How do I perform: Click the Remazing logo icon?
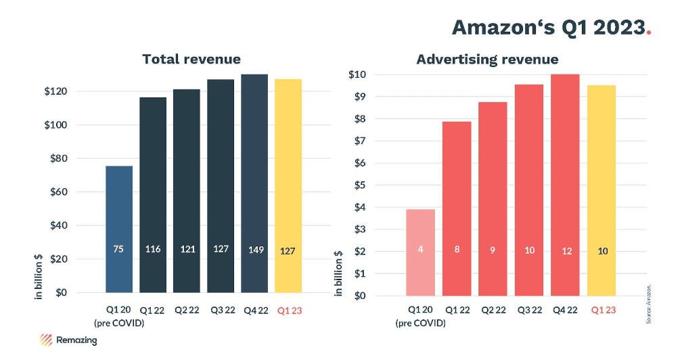click(x=47, y=340)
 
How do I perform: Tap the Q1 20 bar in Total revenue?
click(x=119, y=230)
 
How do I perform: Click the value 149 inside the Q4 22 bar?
click(x=254, y=250)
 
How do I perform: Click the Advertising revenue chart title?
click(x=487, y=60)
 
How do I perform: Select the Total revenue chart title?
click(x=191, y=60)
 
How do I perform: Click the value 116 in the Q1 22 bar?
click(x=153, y=250)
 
